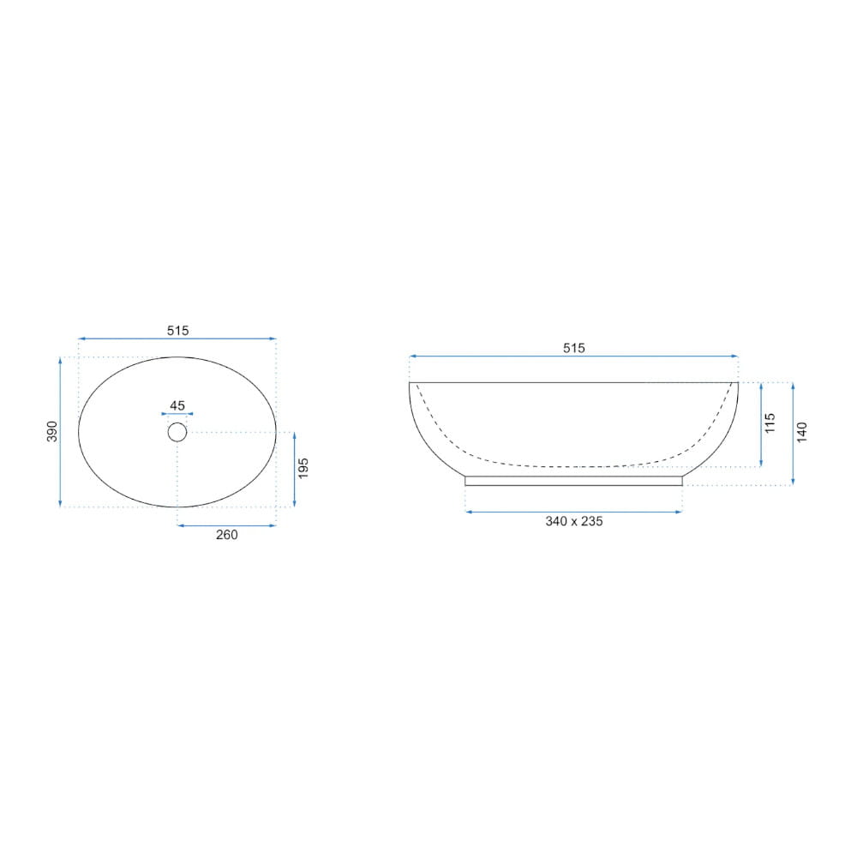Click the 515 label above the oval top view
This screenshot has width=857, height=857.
(177, 331)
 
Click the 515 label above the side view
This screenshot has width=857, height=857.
(574, 348)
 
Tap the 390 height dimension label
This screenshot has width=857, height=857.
(52, 432)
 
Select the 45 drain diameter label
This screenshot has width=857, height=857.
(177, 405)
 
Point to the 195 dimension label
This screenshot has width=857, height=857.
(303, 469)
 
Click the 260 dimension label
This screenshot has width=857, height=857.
(227, 535)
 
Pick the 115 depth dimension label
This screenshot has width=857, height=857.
(770, 423)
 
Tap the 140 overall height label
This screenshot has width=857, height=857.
(802, 432)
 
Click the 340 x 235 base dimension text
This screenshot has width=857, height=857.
(574, 521)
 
